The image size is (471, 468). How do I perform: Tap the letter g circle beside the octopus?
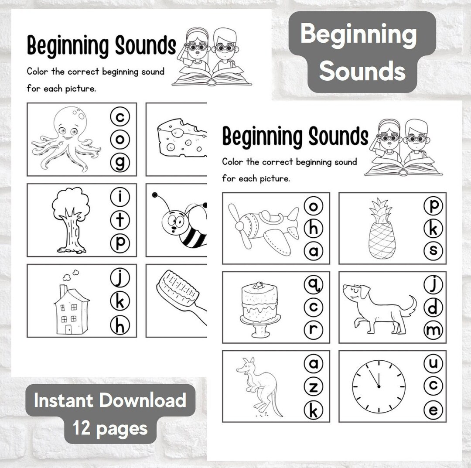[120, 163]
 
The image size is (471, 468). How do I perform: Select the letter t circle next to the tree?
[120, 220]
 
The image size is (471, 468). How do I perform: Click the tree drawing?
[70, 219]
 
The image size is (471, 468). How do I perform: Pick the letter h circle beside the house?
[120, 325]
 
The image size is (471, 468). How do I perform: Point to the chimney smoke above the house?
[70, 275]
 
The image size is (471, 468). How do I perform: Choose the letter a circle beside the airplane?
[313, 252]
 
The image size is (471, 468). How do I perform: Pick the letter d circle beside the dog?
[433, 308]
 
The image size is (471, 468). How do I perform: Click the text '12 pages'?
[110, 428]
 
